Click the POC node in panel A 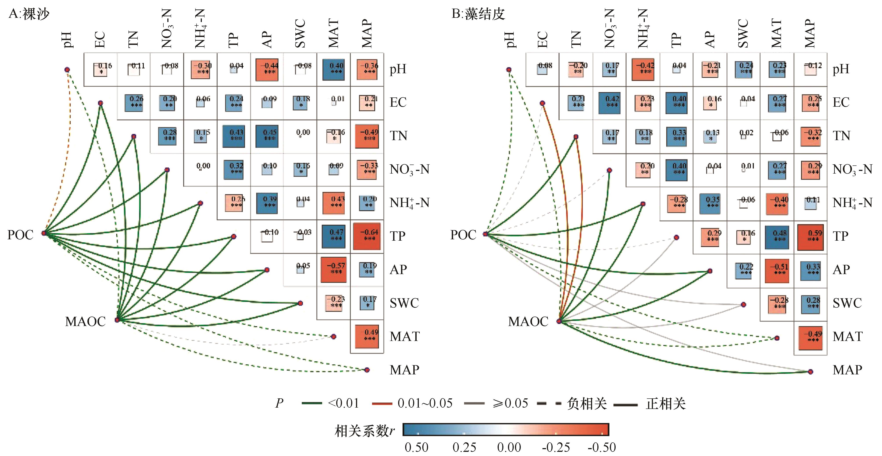44,233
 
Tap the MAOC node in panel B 559,321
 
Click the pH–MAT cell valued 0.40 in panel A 333,69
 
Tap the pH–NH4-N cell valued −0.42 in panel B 643,69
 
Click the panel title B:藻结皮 478,14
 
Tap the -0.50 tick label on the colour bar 602,447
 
